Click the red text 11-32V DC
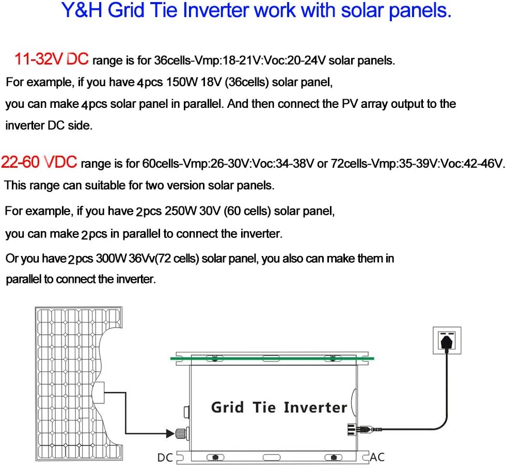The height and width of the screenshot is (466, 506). point(52,59)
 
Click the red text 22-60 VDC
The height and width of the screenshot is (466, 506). point(39,163)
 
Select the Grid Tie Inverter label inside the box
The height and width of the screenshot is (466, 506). point(279,407)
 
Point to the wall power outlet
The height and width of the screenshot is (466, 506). point(447,340)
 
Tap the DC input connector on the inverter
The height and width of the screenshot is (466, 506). point(184,433)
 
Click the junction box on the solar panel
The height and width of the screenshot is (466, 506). point(99,395)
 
